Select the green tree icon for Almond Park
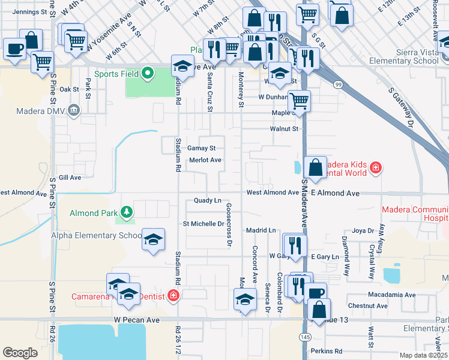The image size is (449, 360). pyautogui.click(x=126, y=212)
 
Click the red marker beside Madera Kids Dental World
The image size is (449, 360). pyautogui.click(x=375, y=166)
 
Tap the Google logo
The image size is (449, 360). pyautogui.click(x=20, y=352)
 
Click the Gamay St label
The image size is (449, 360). pyautogui.click(x=201, y=148)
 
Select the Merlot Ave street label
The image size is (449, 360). pyautogui.click(x=205, y=160)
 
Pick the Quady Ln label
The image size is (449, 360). pyautogui.click(x=208, y=200)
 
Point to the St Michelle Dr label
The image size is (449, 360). pyautogui.click(x=203, y=224)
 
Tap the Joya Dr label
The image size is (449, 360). pyautogui.click(x=363, y=230)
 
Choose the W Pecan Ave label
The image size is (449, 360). pyautogui.click(x=136, y=320)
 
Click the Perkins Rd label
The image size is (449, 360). pyautogui.click(x=330, y=351)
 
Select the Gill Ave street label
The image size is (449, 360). pyautogui.click(x=70, y=178)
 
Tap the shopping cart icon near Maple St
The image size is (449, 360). pyautogui.click(x=298, y=100)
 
